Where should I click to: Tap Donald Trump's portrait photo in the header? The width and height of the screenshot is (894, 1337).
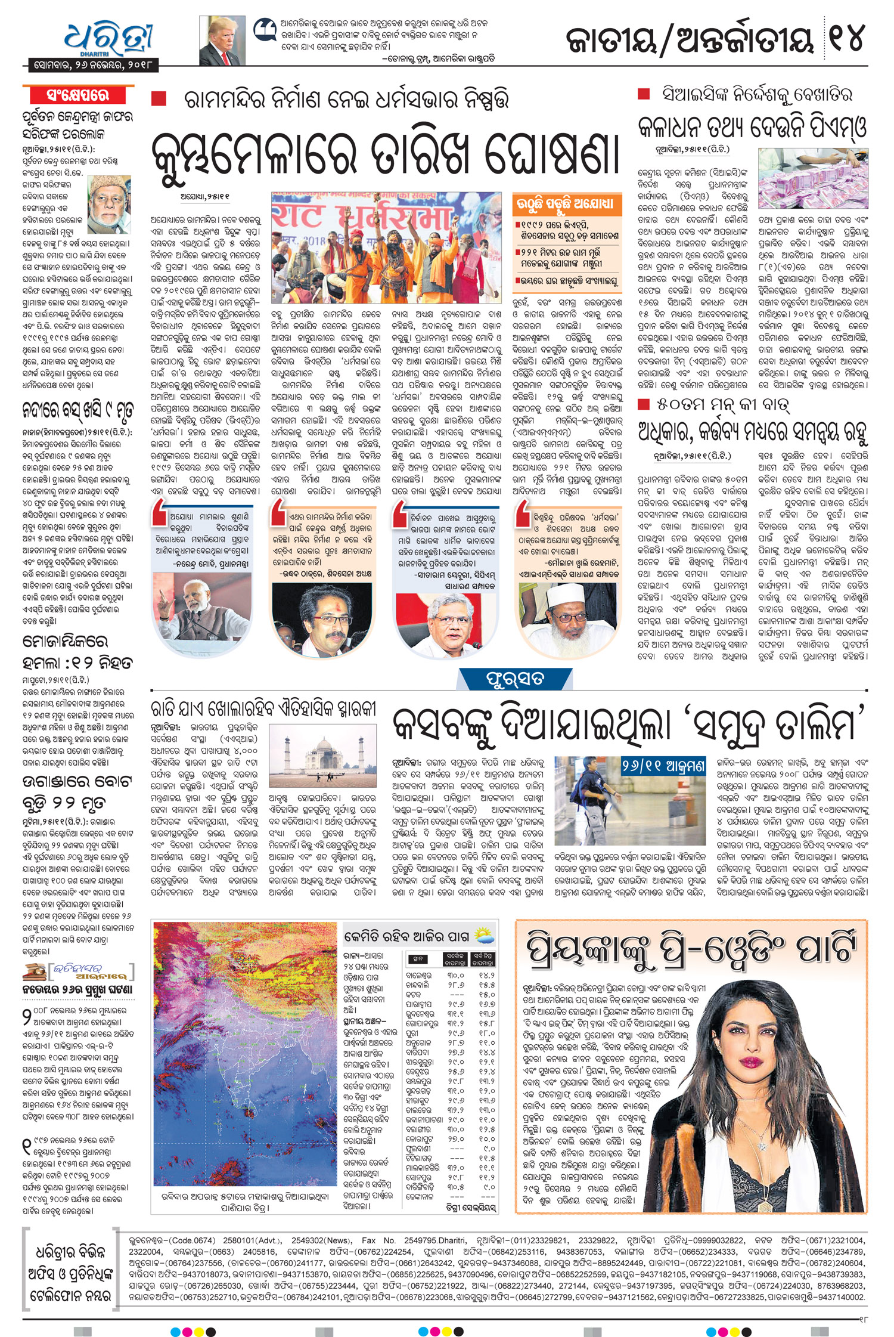click(222, 41)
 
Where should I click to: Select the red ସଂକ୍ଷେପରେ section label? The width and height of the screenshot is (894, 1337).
click(77, 95)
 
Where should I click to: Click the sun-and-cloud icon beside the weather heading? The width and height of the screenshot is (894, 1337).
click(484, 935)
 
